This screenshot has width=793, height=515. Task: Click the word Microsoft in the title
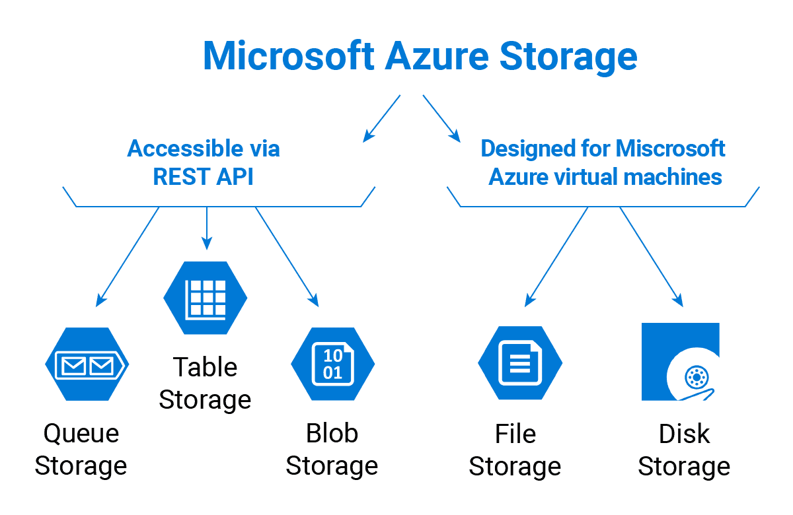[x=288, y=55]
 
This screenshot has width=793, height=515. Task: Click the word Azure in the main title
[x=436, y=55]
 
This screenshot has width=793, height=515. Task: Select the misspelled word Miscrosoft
[x=670, y=149]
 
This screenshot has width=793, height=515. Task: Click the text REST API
[x=203, y=177]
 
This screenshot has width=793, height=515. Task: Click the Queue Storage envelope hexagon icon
[x=87, y=364]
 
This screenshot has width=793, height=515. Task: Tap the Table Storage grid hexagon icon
[x=206, y=297]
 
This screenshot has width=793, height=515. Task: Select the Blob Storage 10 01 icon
[x=332, y=364]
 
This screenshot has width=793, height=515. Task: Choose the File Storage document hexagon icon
[x=519, y=364]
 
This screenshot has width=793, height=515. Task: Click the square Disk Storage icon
[x=680, y=362]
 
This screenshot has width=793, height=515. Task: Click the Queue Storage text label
[x=81, y=450]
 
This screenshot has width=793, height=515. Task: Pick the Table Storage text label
[x=205, y=384]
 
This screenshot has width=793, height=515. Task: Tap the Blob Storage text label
[x=332, y=450]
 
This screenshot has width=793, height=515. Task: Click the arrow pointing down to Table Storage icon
[x=207, y=228]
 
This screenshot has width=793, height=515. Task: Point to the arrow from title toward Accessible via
[x=382, y=118]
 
